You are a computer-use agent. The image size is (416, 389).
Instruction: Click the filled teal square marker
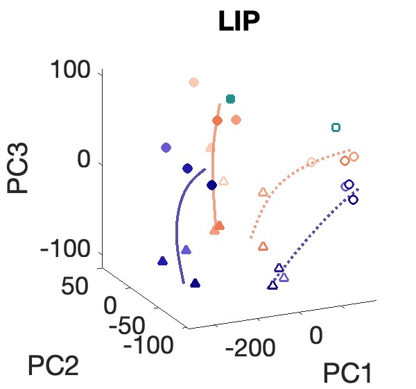[231, 99]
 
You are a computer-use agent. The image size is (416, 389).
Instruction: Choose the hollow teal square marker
[336, 127]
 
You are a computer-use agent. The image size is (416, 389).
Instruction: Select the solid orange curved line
[214, 174]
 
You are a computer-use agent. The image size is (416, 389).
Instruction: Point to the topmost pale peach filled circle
[194, 83]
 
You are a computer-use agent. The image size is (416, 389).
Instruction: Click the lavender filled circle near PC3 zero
[166, 147]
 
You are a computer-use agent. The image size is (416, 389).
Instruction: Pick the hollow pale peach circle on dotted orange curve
[311, 162]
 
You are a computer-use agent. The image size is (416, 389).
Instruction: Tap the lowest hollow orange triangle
[263, 246]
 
